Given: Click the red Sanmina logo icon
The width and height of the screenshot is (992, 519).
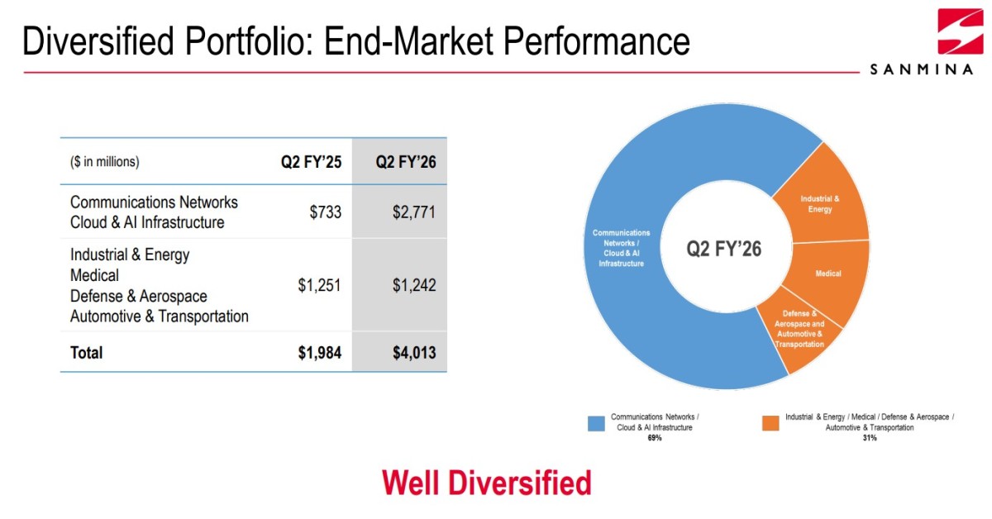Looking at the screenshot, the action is [x=961, y=31].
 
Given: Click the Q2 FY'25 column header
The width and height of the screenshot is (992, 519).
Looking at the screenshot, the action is [x=312, y=162].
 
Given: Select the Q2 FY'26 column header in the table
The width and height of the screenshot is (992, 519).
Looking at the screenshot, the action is [x=406, y=162].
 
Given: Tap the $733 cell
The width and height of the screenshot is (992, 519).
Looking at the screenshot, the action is [x=326, y=212].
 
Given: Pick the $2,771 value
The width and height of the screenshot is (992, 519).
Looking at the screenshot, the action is [x=414, y=212].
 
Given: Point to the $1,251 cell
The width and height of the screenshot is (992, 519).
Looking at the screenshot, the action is [x=319, y=285].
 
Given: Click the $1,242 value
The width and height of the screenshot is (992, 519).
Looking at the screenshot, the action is [x=414, y=285].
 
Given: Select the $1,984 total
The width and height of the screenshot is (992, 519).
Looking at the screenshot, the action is [x=320, y=353].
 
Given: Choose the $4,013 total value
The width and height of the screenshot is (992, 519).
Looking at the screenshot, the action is [x=414, y=353].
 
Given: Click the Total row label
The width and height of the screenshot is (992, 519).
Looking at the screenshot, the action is [x=86, y=353].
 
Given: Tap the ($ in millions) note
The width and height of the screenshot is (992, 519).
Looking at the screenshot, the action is [x=104, y=162].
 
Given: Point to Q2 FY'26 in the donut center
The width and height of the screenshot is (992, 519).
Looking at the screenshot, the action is [x=724, y=249].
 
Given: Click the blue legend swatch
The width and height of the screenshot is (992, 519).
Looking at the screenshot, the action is [x=596, y=423].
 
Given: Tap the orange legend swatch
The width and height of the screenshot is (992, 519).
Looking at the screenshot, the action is [x=770, y=423].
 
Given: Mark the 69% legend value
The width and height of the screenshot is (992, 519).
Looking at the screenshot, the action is [x=655, y=438].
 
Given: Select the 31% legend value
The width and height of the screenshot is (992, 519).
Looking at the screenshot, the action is [x=870, y=438].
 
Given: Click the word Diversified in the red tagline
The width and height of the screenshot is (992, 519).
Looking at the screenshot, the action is [x=519, y=483].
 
